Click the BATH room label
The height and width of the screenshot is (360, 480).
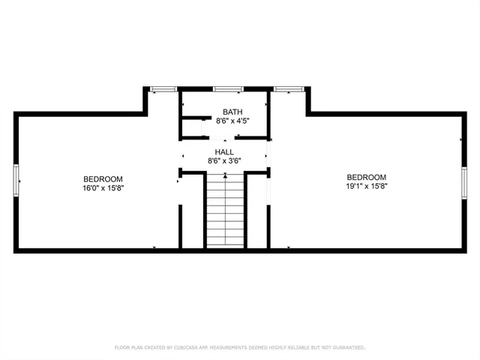(223, 112)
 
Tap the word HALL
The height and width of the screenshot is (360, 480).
(224, 151)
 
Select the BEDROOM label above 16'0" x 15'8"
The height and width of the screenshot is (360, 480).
(103, 178)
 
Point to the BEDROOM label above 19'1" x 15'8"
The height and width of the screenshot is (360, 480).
(366, 177)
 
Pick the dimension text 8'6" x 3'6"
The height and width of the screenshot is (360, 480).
(224, 160)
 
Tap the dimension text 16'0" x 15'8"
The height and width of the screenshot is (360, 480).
(103, 187)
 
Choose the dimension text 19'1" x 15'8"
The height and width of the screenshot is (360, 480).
(366, 186)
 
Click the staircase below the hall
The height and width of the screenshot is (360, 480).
(225, 211)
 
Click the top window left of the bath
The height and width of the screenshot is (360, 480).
(163, 89)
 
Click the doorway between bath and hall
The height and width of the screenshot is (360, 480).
(223, 138)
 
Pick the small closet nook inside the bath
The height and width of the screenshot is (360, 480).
(193, 127)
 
